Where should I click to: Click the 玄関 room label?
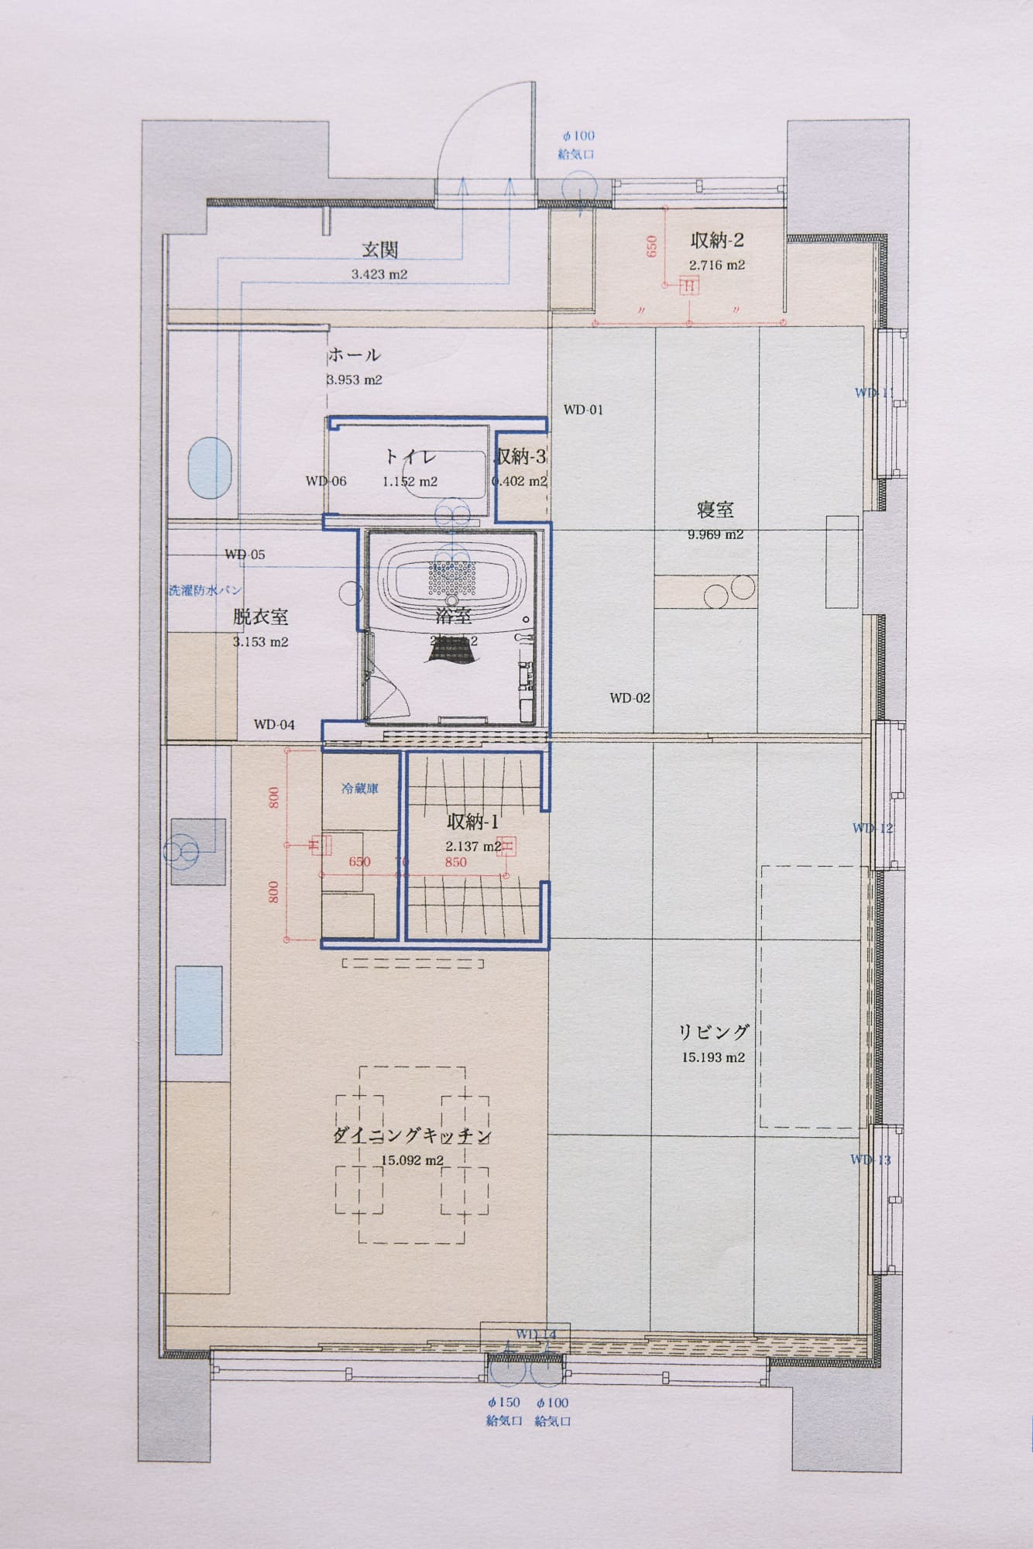(379, 250)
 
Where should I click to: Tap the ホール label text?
(354, 355)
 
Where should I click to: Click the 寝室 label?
(715, 510)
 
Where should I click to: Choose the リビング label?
(713, 1032)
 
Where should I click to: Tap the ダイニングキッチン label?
(412, 1136)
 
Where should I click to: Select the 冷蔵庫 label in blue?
(360, 789)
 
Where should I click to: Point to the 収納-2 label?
(716, 241)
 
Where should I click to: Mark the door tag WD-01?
(583, 410)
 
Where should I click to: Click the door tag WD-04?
(274, 725)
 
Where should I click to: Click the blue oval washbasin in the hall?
(209, 470)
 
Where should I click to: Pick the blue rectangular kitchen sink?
(198, 1010)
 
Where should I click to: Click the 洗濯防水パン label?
(205, 590)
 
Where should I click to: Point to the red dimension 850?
(455, 862)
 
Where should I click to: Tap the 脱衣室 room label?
(260, 617)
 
